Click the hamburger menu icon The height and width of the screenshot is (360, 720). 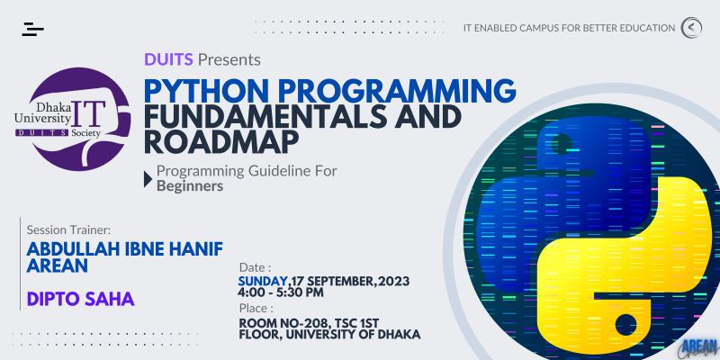pos(32,29)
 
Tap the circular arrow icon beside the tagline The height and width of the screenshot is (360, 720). pos(691,28)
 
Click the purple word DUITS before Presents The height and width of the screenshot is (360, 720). pos(168,59)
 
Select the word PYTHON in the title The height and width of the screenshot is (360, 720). pos(206,91)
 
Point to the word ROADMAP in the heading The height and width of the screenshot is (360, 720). pos(221,142)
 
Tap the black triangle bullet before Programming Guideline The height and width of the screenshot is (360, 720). pos(148,179)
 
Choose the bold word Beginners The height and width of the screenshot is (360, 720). pos(190,186)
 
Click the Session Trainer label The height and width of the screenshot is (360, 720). pos(69,229)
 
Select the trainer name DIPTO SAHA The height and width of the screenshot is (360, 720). pos(80,299)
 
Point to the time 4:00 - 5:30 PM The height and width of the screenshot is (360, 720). pos(281,292)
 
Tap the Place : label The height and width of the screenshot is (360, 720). pos(256,308)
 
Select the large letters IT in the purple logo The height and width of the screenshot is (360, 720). pos(88,113)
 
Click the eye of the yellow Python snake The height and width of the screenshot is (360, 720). pos(625,325)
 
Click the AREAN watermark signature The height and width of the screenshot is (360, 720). pos(699,348)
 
